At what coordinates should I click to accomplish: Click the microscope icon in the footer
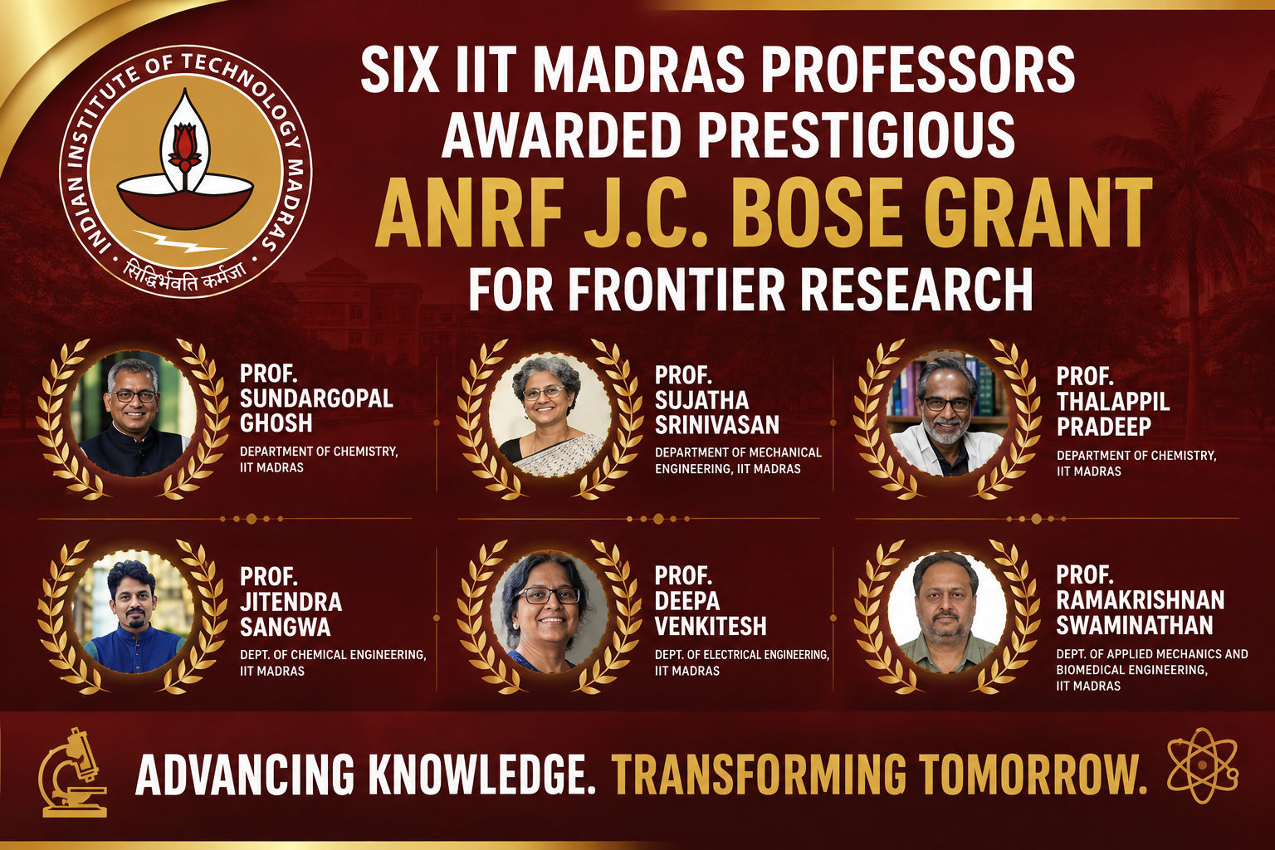[73, 773]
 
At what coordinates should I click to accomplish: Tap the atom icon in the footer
[1202, 765]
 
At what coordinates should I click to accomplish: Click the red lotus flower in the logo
[184, 146]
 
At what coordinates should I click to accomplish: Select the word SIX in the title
[400, 70]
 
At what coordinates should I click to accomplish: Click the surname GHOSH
[276, 423]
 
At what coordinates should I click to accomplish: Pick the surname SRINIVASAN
[717, 425]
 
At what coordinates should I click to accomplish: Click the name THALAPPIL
[1113, 402]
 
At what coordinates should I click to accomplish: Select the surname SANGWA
[286, 628]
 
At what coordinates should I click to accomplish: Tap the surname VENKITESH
[711, 626]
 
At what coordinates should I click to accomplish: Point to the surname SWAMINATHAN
[1135, 625]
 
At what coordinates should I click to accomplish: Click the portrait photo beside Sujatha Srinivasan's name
[550, 416]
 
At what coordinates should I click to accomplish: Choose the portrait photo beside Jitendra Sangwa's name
[134, 613]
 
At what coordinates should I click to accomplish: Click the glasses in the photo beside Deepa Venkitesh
[548, 595]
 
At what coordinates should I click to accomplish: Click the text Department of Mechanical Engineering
[738, 460]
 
